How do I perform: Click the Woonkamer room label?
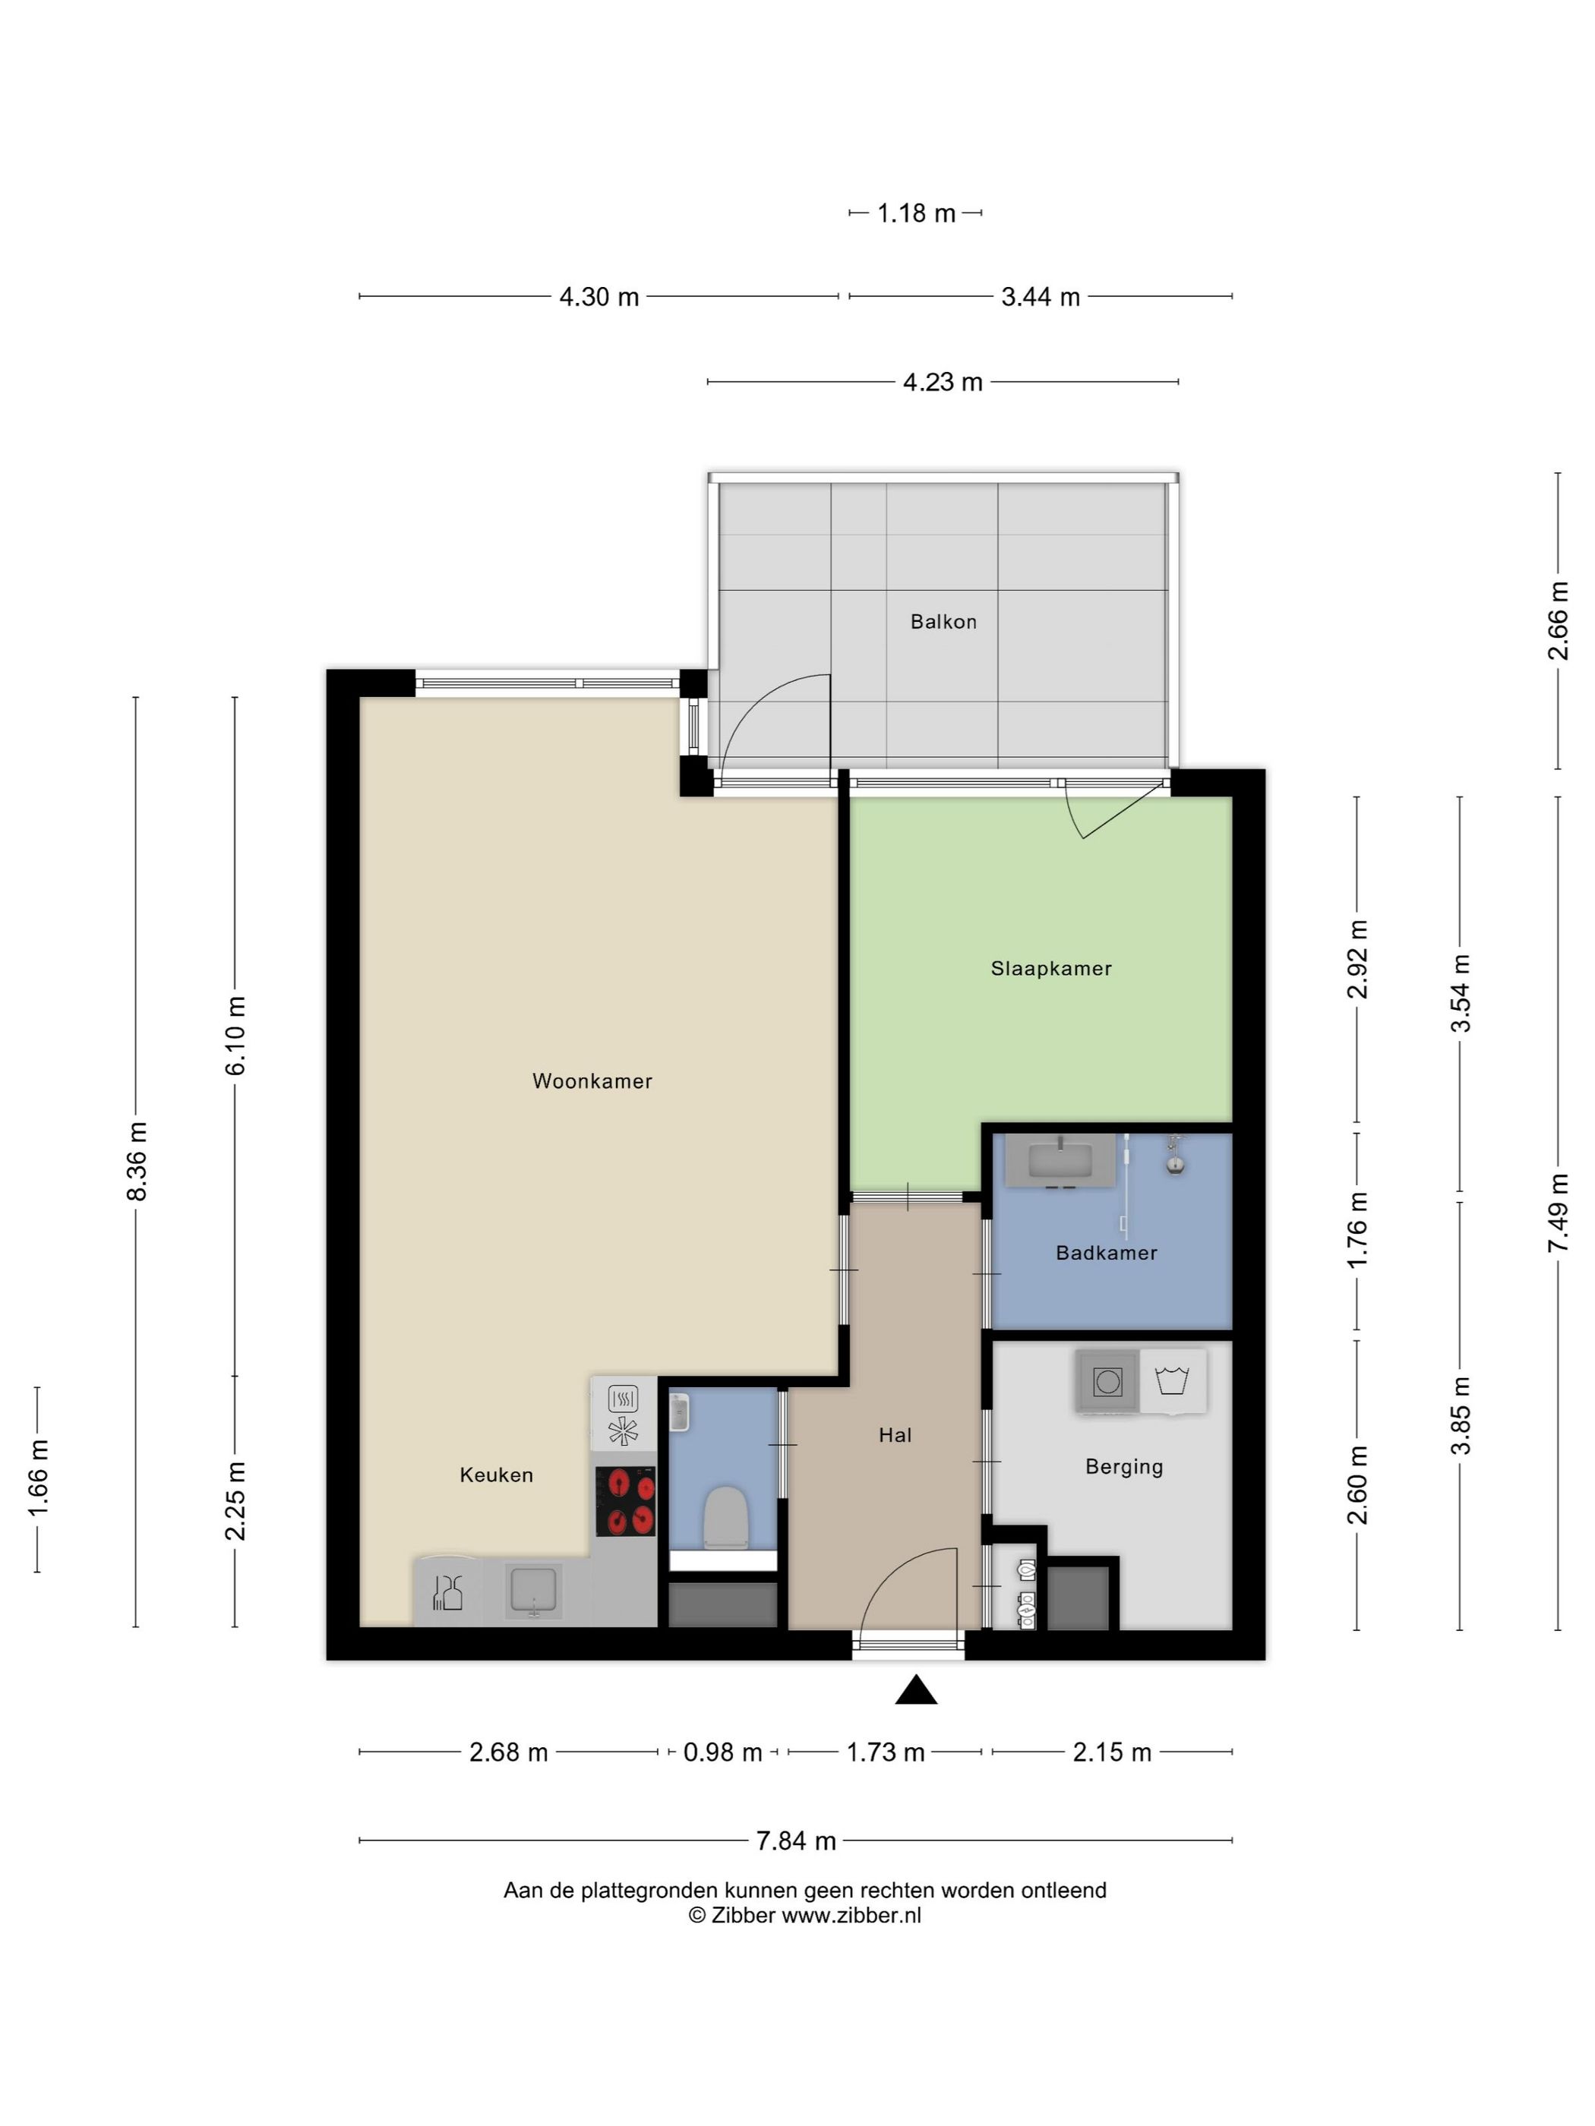pyautogui.click(x=592, y=1081)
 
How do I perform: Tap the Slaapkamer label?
pyautogui.click(x=1051, y=969)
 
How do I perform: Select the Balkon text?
pyautogui.click(x=943, y=622)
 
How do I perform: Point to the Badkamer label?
pyautogui.click(x=1106, y=1252)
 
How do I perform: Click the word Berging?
pyautogui.click(x=1124, y=1467)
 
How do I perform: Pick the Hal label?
pyautogui.click(x=895, y=1435)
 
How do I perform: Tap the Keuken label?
pyautogui.click(x=496, y=1475)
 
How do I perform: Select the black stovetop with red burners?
pyautogui.click(x=626, y=1500)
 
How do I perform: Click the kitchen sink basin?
pyautogui.click(x=534, y=1590)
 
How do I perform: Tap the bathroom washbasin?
pyautogui.click(x=1060, y=1160)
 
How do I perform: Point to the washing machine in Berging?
pyautogui.click(x=1107, y=1382)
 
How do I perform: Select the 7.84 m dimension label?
pyautogui.click(x=796, y=1841)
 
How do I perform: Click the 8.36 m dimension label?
pyautogui.click(x=137, y=1160)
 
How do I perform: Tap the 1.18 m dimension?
pyautogui.click(x=916, y=213)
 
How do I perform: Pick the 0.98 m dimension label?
pyautogui.click(x=722, y=1752)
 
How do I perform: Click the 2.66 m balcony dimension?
pyautogui.click(x=1558, y=620)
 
